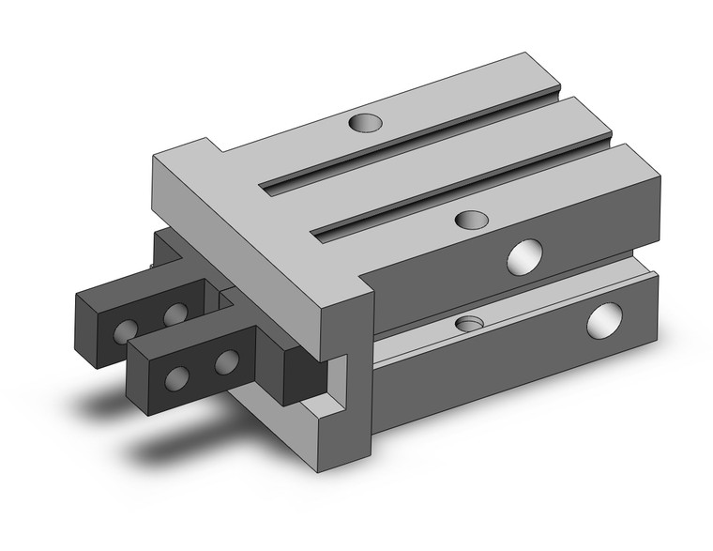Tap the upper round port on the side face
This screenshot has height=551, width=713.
tap(525, 256)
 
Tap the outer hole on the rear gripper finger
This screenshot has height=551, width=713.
tap(123, 330)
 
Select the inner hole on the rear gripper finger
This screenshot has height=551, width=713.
tap(174, 314)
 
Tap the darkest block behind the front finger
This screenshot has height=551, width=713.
tap(305, 373)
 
